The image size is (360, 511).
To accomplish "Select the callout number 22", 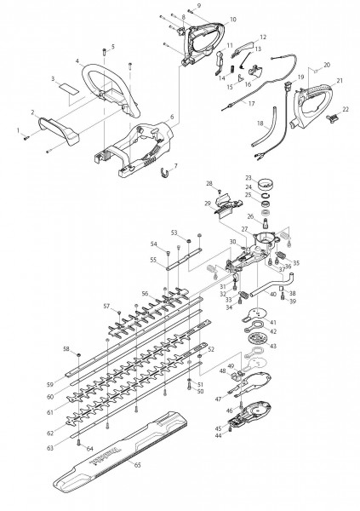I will pyautogui.click(x=346, y=109).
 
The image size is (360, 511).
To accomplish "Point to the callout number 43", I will pyautogui.click(x=296, y=345).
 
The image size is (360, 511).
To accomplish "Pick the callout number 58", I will pyautogui.click(x=65, y=348).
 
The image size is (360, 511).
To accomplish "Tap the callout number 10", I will pyautogui.click(x=209, y=19).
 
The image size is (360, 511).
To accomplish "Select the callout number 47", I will pyautogui.click(x=218, y=399).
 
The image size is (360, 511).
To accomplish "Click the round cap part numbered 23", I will pyautogui.click(x=274, y=182).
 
